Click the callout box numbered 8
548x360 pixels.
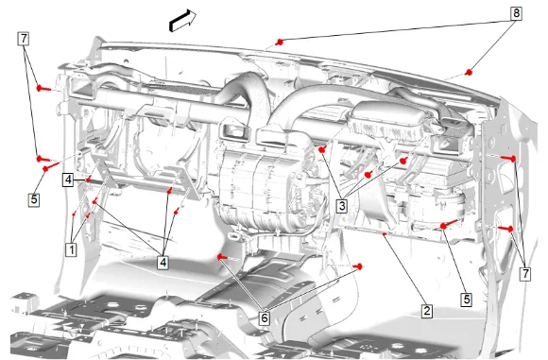[516, 13]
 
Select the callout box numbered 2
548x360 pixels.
[426, 311]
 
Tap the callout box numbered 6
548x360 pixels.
[265, 317]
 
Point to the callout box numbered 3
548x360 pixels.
[341, 206]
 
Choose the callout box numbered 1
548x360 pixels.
[72, 249]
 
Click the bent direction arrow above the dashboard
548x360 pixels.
[181, 20]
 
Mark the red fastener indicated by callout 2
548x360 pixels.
[385, 233]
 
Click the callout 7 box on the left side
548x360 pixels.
[24, 39]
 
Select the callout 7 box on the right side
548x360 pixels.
[525, 274]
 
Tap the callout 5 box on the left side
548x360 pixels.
[34, 199]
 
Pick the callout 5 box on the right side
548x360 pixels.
[467, 300]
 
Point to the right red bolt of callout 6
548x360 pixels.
[358, 267]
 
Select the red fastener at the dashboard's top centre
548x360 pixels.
[279, 43]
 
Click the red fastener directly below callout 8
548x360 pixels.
[469, 73]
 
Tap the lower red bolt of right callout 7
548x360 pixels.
[506, 229]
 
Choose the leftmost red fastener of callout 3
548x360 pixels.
[322, 149]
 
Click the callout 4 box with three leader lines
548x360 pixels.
[163, 262]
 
